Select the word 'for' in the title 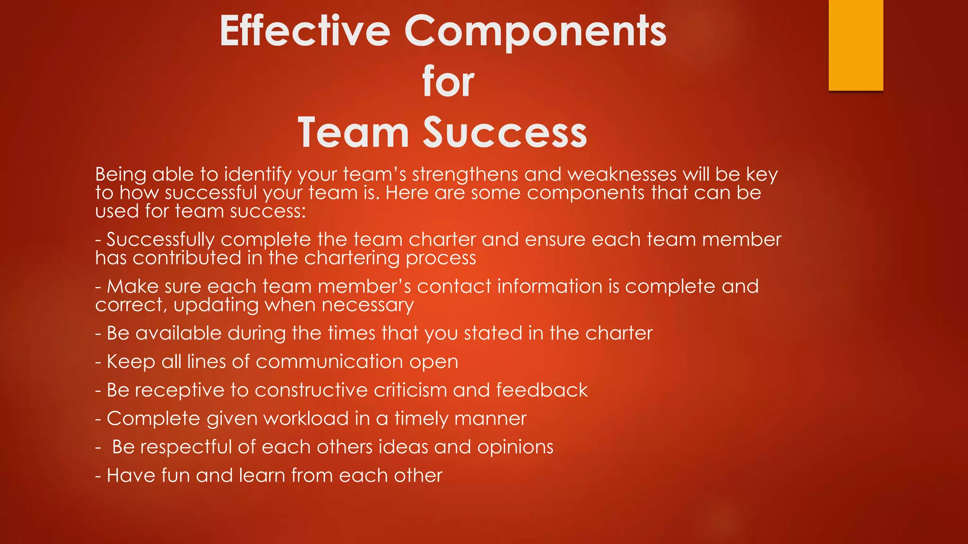click(x=448, y=82)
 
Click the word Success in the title click(x=504, y=133)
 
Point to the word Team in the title click(x=353, y=133)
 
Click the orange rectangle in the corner click(x=856, y=45)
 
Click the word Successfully click(x=160, y=240)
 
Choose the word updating click(x=216, y=305)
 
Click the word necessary click(x=367, y=305)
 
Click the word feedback click(x=542, y=391)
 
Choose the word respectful click(x=186, y=447)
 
